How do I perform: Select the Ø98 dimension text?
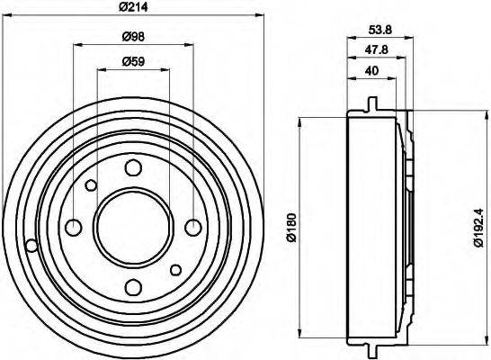point(133,37)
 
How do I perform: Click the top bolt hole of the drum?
point(133,167)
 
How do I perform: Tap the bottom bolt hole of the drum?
point(133,287)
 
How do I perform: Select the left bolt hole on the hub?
point(74,227)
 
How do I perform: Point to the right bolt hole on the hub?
point(193,227)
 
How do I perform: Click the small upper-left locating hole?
point(91,185)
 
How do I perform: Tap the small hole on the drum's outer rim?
point(31,245)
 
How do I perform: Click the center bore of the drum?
point(133,227)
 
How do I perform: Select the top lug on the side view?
point(370,103)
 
